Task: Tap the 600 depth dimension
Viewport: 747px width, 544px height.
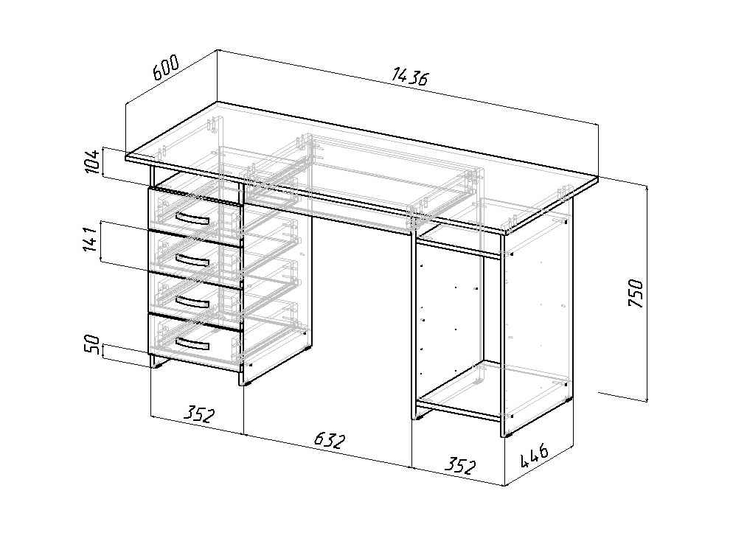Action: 165,66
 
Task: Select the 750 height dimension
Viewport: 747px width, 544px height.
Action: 636,293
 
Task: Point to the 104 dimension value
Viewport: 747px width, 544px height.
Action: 93,161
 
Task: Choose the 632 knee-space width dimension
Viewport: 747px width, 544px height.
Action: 329,441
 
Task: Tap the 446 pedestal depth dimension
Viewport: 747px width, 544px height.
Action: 534,456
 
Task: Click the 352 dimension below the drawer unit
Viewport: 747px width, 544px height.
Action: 200,414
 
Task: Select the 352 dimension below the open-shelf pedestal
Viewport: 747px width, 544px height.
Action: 459,466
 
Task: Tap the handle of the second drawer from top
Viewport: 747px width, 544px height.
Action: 192,260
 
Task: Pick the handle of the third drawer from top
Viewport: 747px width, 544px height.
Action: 192,302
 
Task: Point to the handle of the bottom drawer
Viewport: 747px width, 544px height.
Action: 192,344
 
